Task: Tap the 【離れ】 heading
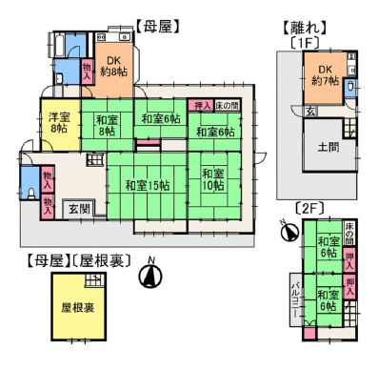pyautogui.click(x=305, y=27)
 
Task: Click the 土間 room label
pyautogui.click(x=326, y=146)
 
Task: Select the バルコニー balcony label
pyautogui.click(x=296, y=302)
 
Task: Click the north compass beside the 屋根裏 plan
pyautogui.click(x=149, y=275)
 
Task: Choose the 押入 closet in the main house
pyautogui.click(x=202, y=105)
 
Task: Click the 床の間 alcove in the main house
pyautogui.click(x=228, y=105)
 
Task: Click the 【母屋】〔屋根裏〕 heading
pyautogui.click(x=75, y=259)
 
